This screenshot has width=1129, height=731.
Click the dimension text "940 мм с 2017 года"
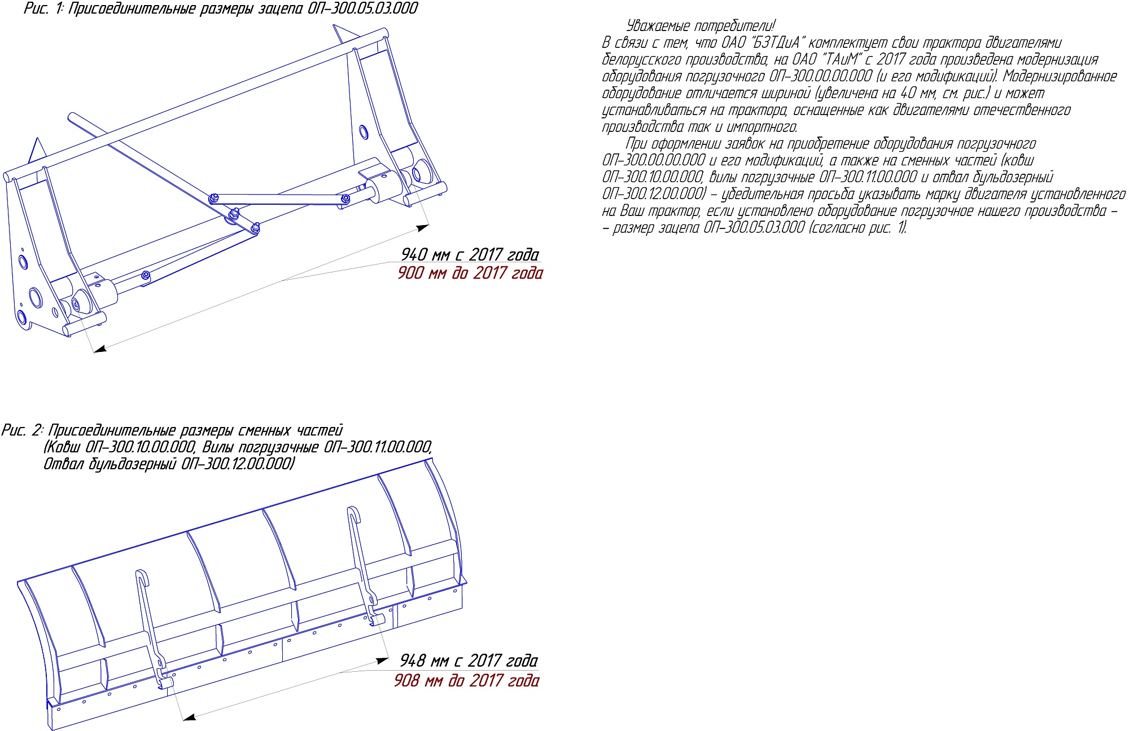pos(470,255)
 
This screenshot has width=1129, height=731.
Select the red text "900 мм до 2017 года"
pos(470,273)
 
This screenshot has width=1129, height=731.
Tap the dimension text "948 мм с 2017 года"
pos(469,660)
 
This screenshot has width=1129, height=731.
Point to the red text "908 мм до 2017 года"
pos(466,681)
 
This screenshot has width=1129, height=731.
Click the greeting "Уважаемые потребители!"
pos(701,26)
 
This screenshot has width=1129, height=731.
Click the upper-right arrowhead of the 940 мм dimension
pos(423,227)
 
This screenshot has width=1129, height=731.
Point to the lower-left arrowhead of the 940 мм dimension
pos(100,349)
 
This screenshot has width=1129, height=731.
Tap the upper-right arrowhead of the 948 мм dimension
pos(383,660)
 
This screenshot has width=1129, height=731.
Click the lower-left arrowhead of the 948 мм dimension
pos(190,717)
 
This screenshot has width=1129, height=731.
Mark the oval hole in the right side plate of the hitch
pos(363,132)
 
